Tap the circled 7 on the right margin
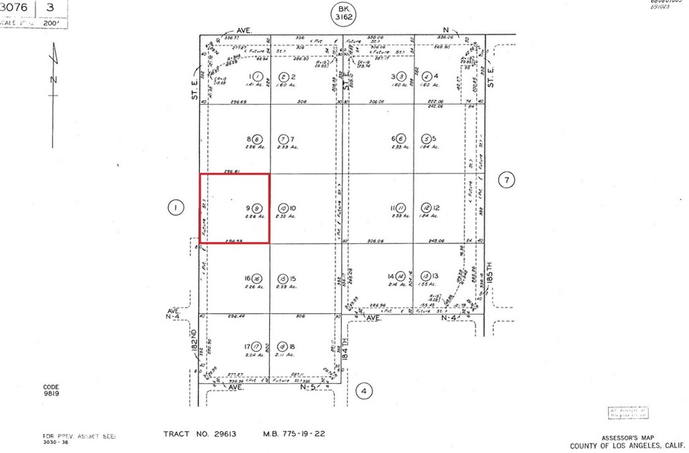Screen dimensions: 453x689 [x=507, y=179]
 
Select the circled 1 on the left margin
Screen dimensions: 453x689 [x=175, y=208]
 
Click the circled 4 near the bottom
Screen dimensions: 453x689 [x=364, y=390]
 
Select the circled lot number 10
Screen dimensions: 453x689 [x=283, y=208]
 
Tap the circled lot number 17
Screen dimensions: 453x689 [x=255, y=347]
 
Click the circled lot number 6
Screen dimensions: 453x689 [x=400, y=138]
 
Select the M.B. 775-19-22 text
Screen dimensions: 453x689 [x=294, y=434]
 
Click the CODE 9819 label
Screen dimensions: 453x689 [x=51, y=390]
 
